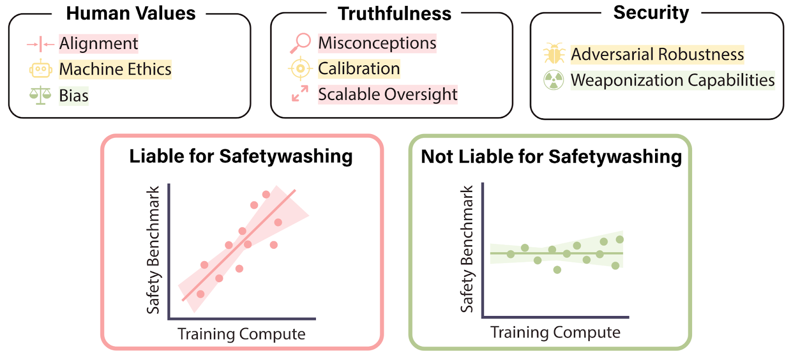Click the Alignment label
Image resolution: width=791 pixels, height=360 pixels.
click(98, 44)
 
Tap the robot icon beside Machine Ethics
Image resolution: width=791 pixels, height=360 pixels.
click(41, 69)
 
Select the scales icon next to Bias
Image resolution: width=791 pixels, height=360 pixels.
click(40, 95)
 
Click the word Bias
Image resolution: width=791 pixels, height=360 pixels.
click(74, 95)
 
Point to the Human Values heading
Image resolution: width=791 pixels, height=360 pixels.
click(131, 13)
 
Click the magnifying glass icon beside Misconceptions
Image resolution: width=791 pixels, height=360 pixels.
click(300, 43)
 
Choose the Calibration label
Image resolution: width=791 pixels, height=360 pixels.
click(358, 69)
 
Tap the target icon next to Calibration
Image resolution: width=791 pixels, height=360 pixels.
click(300, 69)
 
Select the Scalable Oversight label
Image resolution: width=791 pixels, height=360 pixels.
click(388, 94)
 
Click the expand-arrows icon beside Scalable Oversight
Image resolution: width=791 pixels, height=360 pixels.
click(300, 93)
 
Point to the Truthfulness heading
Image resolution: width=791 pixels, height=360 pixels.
click(394, 14)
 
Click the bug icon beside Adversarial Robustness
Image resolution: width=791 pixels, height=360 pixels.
click(554, 53)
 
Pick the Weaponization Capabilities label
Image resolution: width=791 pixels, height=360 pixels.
click(672, 80)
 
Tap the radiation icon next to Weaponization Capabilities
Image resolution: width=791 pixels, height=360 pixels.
click(554, 80)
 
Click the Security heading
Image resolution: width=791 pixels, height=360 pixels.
click(651, 13)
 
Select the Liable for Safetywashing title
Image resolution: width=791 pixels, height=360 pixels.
click(241, 156)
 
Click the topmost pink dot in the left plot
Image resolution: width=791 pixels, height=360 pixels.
click(266, 194)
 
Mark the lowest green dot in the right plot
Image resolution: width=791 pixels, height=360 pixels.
click(557, 270)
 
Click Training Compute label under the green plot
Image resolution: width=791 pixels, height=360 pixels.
click(555, 332)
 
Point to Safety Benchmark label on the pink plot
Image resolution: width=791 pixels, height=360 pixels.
click(153, 250)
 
